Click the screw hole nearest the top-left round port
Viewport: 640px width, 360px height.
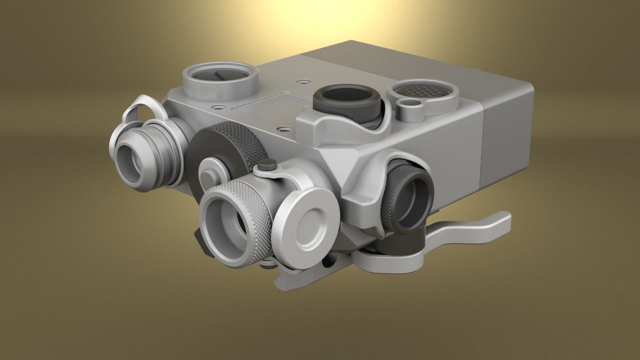[x=217, y=106]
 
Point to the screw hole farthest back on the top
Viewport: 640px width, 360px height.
[x=302, y=80]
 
